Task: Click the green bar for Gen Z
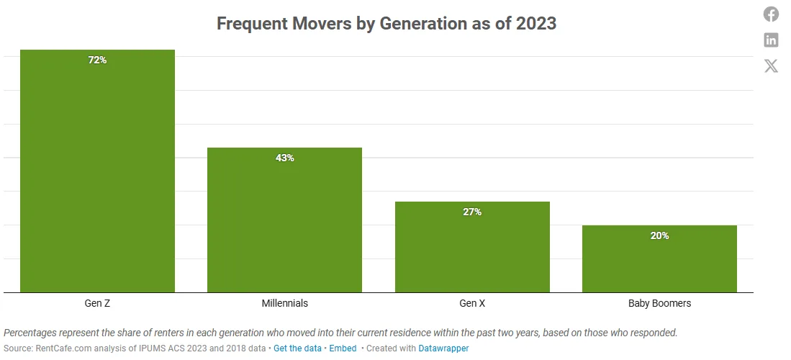tap(97, 173)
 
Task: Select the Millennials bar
tap(284, 223)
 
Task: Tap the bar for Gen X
tap(472, 248)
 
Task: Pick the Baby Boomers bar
tap(659, 261)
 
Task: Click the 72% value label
tap(97, 60)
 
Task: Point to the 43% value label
tap(284, 158)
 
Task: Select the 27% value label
tap(472, 212)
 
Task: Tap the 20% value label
tap(659, 235)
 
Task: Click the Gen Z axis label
tap(97, 303)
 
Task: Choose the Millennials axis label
tap(284, 303)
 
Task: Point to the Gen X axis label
tap(472, 303)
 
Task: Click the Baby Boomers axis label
tap(659, 303)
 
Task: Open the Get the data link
tap(297, 348)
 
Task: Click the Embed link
tap(343, 348)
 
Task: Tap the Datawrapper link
tap(443, 348)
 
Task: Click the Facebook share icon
tap(771, 14)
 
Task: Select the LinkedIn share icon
tap(771, 40)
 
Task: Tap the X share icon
tap(771, 66)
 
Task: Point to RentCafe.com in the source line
tap(60, 348)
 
